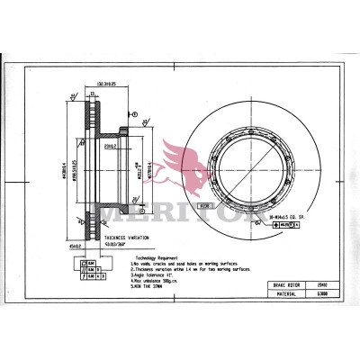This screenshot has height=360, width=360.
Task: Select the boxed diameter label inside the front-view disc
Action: [x=205, y=205]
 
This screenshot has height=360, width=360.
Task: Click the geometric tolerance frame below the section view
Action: [x=92, y=266]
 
